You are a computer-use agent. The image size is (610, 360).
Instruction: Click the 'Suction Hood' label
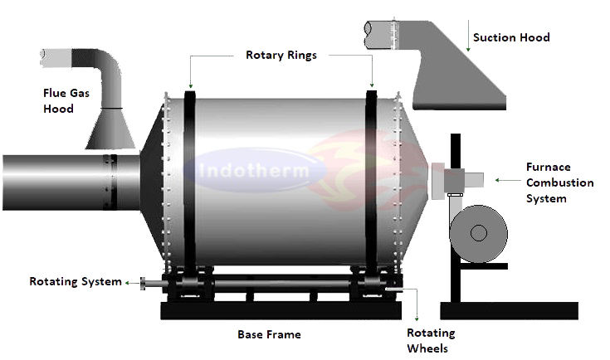(510, 37)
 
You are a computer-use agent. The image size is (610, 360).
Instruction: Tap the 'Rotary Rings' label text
(281, 56)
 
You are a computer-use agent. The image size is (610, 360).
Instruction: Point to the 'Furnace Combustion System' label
(559, 182)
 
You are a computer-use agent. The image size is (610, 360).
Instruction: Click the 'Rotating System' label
(75, 282)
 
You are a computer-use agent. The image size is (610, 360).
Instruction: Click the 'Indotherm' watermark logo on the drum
(254, 172)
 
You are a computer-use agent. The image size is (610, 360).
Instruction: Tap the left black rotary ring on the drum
(189, 182)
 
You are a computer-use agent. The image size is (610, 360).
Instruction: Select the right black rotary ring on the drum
(371, 182)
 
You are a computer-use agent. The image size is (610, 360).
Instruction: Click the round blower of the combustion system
(478, 231)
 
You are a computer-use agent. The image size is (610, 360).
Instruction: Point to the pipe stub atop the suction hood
(383, 31)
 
